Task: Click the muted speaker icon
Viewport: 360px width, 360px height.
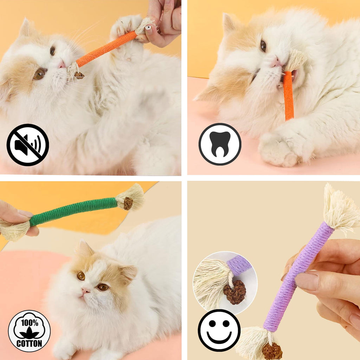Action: click(x=28, y=144)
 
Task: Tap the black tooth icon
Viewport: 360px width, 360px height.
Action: click(x=220, y=144)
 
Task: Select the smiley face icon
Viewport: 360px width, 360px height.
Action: click(x=219, y=330)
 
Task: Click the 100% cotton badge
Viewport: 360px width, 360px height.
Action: click(x=29, y=331)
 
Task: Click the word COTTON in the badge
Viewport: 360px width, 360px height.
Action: click(x=29, y=343)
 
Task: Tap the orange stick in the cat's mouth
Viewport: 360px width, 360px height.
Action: click(x=288, y=95)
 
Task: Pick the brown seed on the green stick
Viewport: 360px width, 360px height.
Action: click(x=128, y=203)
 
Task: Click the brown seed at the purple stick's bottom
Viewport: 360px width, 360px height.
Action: click(x=272, y=351)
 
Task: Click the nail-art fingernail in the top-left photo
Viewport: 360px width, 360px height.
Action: click(x=149, y=28)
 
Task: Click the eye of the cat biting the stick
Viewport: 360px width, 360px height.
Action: click(x=263, y=46)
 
